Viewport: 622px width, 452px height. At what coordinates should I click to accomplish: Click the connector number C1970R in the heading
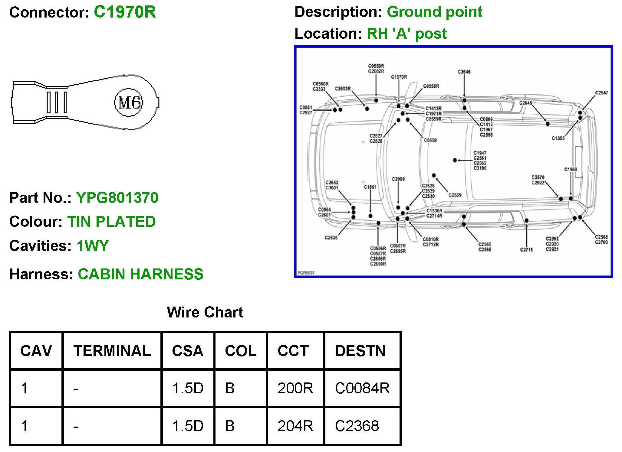tap(125, 12)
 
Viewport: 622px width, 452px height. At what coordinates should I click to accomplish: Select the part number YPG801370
tap(117, 198)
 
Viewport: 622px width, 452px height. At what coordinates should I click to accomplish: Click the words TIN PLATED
tap(111, 222)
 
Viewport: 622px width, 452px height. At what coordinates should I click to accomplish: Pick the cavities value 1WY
tap(93, 246)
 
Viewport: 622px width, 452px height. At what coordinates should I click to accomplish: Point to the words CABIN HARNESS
tap(140, 274)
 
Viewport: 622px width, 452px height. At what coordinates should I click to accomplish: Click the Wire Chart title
tap(205, 312)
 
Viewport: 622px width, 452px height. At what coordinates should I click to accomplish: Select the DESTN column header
tap(360, 351)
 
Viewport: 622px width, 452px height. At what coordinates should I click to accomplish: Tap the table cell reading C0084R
tap(362, 388)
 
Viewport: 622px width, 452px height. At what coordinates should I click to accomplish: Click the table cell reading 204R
tap(295, 426)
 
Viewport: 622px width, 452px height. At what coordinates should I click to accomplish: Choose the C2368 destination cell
tap(357, 426)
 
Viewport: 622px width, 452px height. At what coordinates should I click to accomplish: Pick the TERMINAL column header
tap(112, 351)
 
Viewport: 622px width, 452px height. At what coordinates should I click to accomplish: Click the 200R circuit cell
tap(295, 388)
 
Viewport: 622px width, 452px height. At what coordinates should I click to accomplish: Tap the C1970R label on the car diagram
tap(399, 77)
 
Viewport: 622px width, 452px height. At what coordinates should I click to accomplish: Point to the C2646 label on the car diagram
tap(464, 72)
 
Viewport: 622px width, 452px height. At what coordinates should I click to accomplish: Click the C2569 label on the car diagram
tap(455, 195)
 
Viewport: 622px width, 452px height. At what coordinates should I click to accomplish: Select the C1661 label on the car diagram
tap(370, 187)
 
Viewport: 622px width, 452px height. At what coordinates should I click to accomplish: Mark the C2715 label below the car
tap(526, 250)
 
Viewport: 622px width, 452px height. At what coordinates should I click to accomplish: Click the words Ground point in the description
tap(434, 12)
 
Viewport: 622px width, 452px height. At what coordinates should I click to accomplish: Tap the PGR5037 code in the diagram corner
tap(306, 273)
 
